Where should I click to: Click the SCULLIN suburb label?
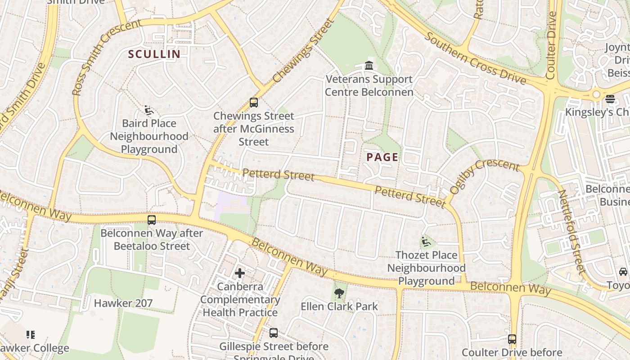[154, 54]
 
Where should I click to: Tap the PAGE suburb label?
[382, 157]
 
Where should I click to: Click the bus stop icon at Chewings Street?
[254, 103]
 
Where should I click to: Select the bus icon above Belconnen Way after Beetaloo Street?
[152, 220]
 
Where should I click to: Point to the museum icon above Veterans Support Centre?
[369, 66]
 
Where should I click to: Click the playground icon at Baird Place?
[149, 110]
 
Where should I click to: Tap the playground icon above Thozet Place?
[426, 242]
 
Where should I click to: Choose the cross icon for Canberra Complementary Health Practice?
[240, 273]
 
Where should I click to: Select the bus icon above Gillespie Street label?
[274, 333]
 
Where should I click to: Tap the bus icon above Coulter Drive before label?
[512, 339]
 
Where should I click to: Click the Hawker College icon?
[31, 334]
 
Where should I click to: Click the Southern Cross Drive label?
[475, 58]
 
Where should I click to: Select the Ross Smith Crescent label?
[106, 57]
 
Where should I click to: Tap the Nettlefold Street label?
[572, 231]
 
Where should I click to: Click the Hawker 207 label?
[123, 303]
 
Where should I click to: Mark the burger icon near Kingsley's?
[610, 99]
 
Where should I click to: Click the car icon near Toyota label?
[623, 271]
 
